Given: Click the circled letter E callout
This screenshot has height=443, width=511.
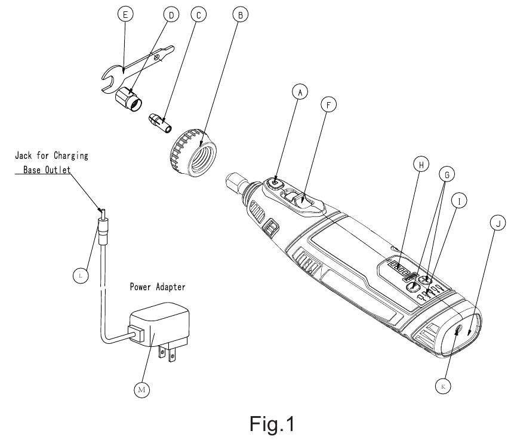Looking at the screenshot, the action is click(125, 14).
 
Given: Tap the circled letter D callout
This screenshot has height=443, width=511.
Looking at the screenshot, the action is click(171, 15).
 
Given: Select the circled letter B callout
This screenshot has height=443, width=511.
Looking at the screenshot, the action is click(241, 15).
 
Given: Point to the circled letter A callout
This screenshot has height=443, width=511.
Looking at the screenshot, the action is click(300, 93).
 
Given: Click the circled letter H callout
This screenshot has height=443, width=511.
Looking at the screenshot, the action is click(421, 165).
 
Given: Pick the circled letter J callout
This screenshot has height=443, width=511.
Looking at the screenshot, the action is click(498, 224).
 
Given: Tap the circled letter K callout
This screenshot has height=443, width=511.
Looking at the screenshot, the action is click(443, 386).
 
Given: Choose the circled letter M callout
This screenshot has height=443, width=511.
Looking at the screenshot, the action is click(141, 389).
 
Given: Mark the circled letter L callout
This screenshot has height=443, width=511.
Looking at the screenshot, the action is click(81, 276).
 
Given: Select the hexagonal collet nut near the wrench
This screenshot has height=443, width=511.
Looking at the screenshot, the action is click(129, 99).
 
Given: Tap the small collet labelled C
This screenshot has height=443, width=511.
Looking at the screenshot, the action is click(160, 122).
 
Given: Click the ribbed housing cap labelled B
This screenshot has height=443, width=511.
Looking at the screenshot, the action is click(194, 152).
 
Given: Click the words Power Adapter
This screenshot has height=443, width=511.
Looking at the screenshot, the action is click(158, 287).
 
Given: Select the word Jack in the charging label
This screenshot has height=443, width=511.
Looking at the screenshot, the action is click(23, 155).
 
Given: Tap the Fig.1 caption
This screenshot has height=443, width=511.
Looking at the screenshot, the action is click(272, 424).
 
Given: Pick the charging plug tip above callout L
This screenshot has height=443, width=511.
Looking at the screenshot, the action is click(103, 214).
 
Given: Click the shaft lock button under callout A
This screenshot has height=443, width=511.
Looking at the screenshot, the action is click(275, 184).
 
